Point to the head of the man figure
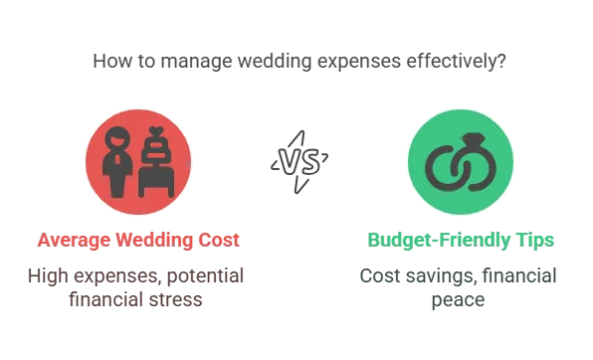116,139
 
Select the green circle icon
461,160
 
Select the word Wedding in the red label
147,240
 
